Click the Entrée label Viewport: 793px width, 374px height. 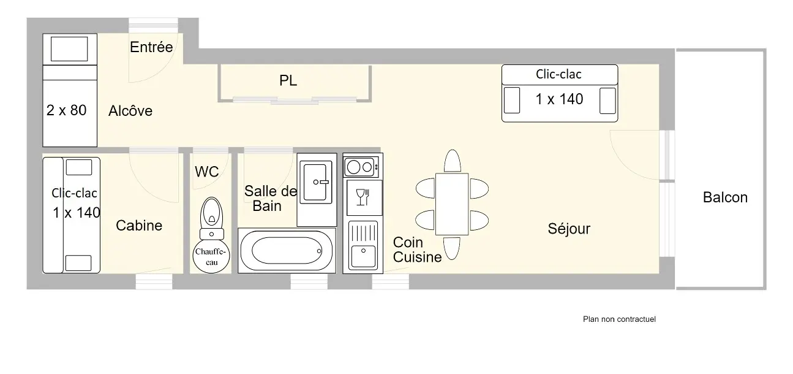tap(151, 47)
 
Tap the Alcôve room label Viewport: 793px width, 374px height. tap(130, 111)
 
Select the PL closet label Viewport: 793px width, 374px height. tap(288, 80)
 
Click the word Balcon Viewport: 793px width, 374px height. tap(725, 197)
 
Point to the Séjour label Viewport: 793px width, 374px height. tap(569, 229)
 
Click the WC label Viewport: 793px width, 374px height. tap(207, 172)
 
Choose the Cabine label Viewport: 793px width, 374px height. tap(139, 226)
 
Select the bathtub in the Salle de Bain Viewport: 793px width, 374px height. tap(287, 251)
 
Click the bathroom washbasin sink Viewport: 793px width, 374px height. tap(316, 182)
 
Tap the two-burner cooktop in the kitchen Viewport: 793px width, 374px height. tap(361, 167)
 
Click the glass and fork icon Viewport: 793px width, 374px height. tap(363, 197)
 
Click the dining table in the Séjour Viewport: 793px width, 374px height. tap(452, 204)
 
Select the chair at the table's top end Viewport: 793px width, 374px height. tap(453, 162)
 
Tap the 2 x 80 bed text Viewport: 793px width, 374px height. tap(67, 110)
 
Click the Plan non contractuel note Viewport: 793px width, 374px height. tap(619, 319)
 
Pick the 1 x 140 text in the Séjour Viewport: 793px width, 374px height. tap(559, 99)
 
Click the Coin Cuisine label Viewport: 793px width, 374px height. tap(418, 250)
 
